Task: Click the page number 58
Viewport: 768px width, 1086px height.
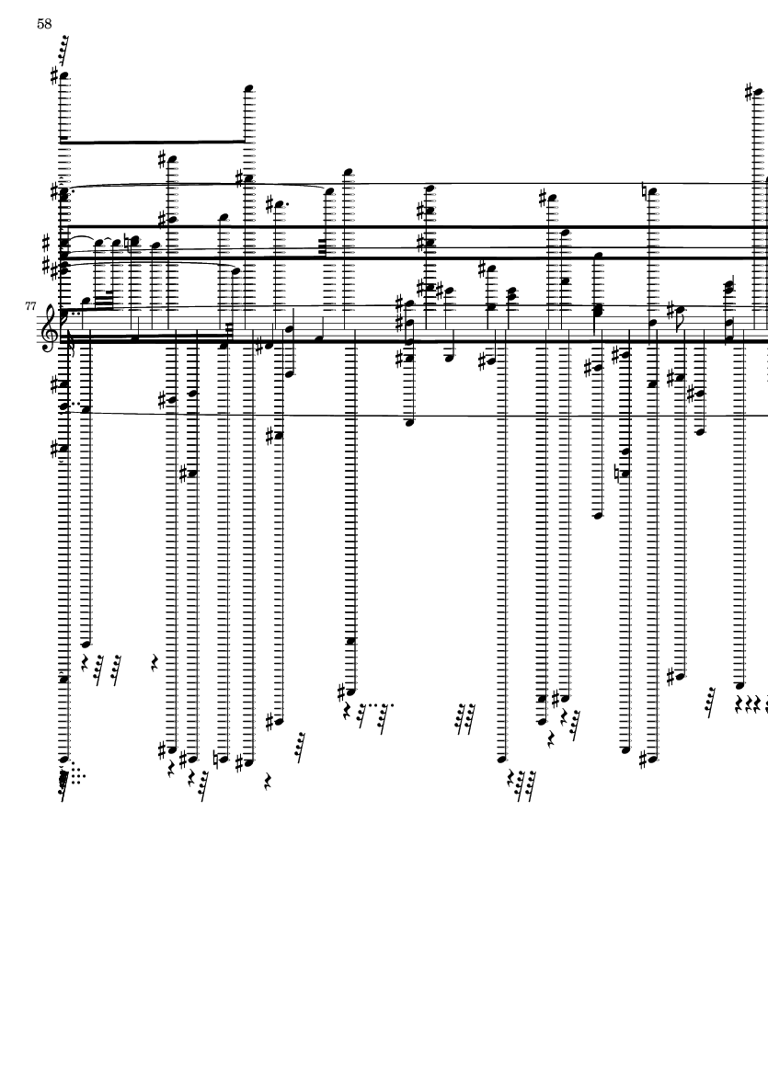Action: tap(44, 24)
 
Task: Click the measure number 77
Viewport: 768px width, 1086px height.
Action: tap(30, 305)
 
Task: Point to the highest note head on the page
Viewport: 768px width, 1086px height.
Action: tap(64, 74)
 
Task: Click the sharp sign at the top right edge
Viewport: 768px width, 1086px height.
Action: tap(750, 91)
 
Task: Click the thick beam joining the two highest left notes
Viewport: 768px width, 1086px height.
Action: tap(155, 142)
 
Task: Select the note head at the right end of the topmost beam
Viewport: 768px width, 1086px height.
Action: tap(249, 88)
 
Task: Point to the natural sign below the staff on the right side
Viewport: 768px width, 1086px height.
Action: tap(618, 474)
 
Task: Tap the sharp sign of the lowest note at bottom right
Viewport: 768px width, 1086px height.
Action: tap(643, 760)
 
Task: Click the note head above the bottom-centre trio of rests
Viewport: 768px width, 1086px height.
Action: tap(503, 759)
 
